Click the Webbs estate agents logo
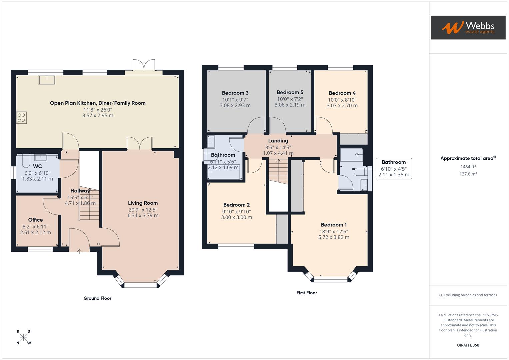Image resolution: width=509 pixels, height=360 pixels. coord(468,27)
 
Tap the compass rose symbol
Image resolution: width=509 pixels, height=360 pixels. coord(24,337)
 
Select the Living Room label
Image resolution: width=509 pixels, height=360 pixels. coord(143,203)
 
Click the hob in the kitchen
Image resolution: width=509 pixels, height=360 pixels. coord(21,118)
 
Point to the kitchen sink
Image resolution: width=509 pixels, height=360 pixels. coord(47,80)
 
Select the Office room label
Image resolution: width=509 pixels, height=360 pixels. coord(35,220)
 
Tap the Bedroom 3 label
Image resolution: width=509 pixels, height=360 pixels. coord(235,93)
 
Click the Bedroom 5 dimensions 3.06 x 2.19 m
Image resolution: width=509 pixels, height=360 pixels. coord(290,105)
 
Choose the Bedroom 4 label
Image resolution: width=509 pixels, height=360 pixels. coord(342,93)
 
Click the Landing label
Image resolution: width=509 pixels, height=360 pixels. coord(278,141)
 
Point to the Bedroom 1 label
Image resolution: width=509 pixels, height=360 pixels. coord(334,225)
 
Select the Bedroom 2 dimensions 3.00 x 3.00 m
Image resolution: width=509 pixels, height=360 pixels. coord(236,217)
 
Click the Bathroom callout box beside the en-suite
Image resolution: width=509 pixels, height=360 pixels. coord(394,168)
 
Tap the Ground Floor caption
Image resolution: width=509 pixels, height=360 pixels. coord(97,298)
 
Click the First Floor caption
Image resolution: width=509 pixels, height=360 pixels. coord(307,293)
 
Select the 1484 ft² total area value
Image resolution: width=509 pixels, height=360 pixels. coord(468,167)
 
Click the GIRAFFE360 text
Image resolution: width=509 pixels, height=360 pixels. coord(468,345)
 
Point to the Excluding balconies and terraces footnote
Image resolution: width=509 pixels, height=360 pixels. coord(468,295)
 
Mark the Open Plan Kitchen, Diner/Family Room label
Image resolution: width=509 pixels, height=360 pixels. coord(98,103)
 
